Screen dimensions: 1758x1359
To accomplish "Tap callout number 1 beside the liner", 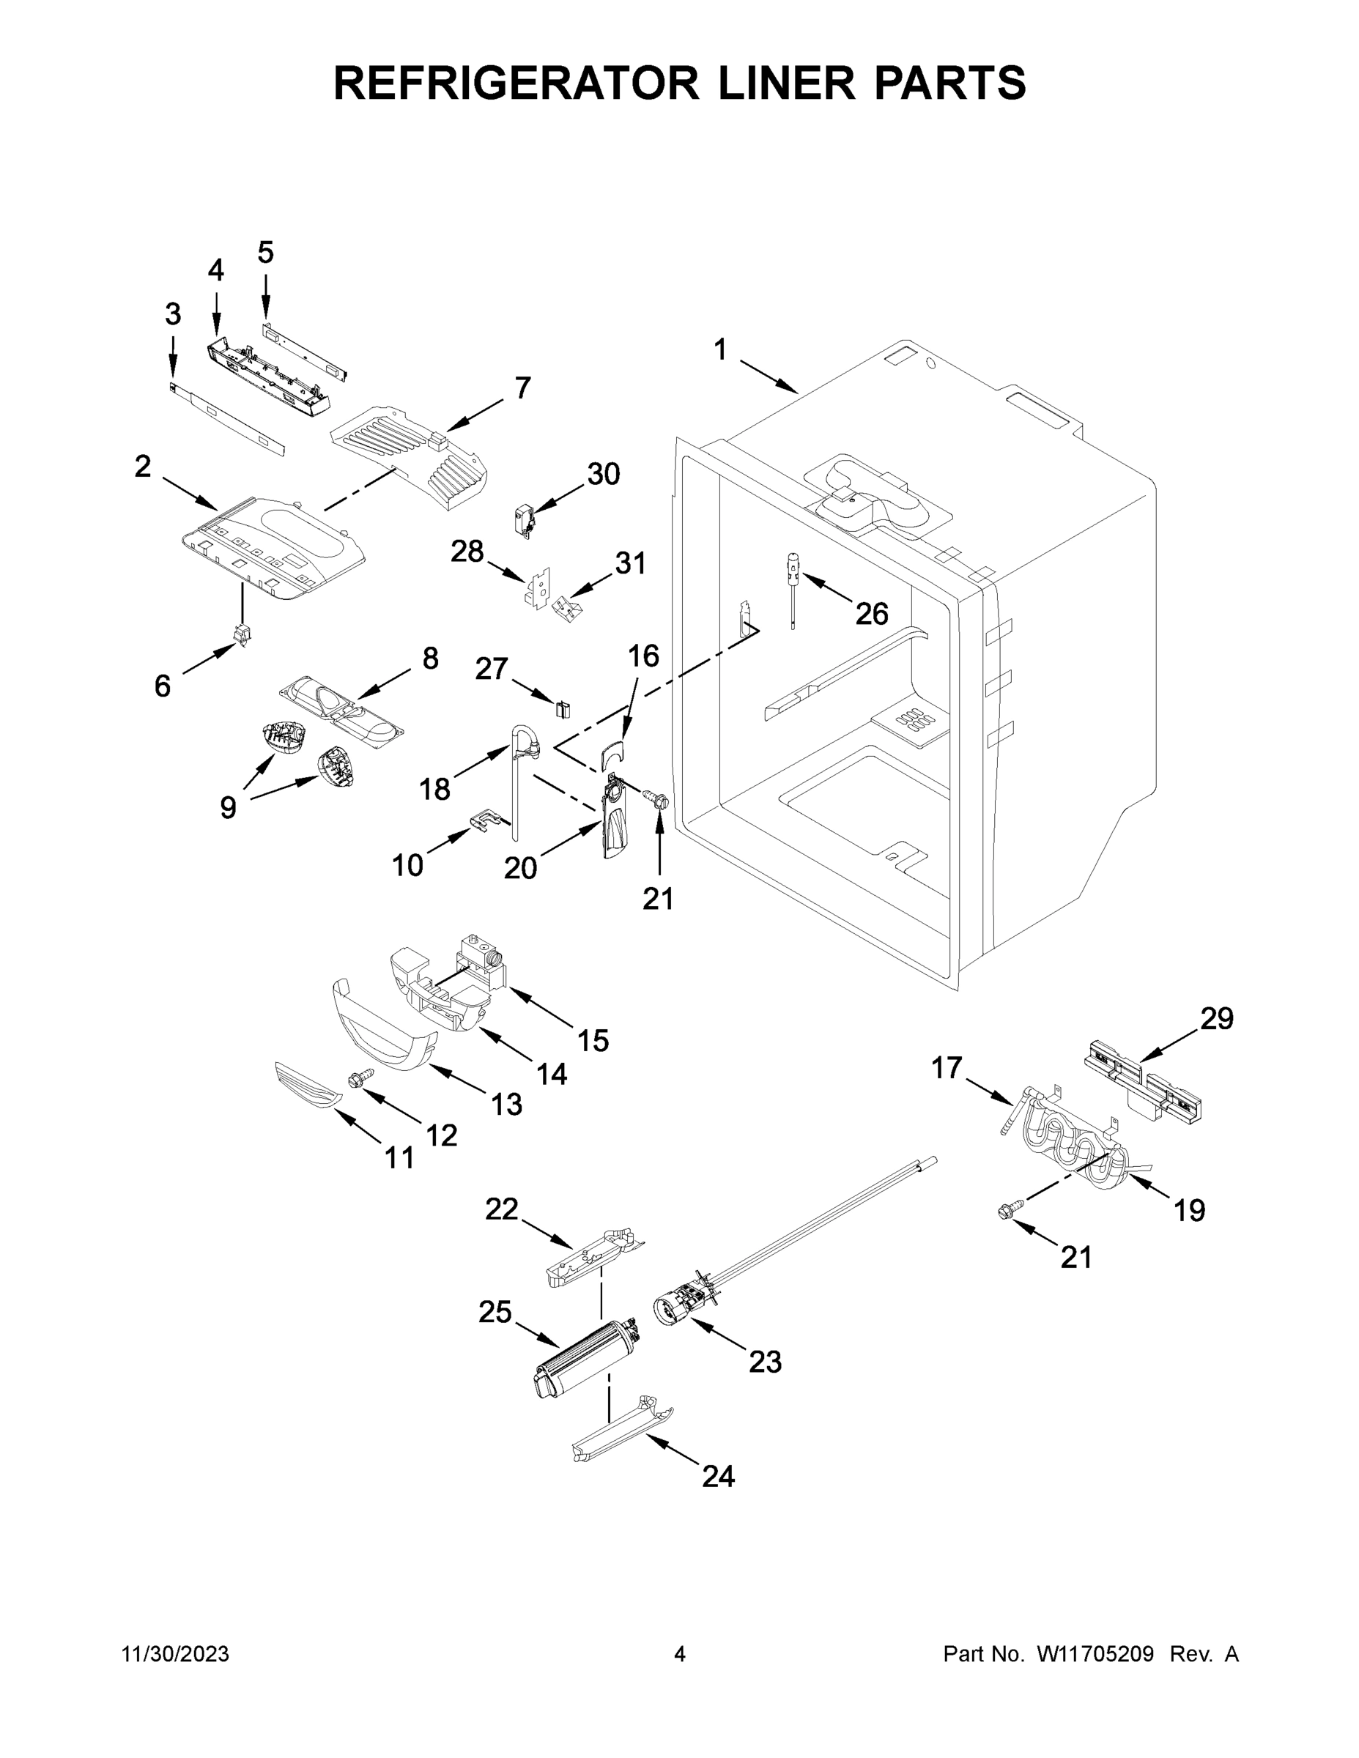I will coord(719,349).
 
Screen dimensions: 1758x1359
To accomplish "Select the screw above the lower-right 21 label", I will coord(1007,1209).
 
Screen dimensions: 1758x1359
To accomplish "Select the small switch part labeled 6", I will coord(242,634).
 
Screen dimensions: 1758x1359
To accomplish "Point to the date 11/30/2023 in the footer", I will coord(176,1654).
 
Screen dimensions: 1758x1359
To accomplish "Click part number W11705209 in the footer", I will coord(1095,1654).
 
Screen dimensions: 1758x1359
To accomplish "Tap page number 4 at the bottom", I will coord(680,1654).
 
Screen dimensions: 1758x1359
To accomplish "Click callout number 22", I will coord(501,1209).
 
